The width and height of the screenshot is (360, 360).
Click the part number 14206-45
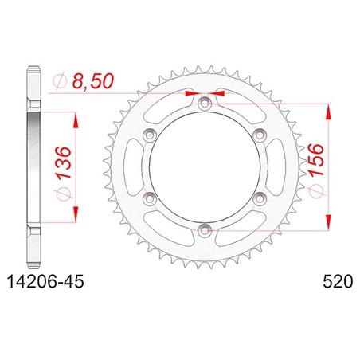[45, 282]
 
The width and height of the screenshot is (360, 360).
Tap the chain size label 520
[338, 282]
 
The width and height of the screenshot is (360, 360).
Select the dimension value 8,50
[93, 81]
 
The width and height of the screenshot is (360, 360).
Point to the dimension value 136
[64, 162]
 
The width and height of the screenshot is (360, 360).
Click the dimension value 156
[316, 159]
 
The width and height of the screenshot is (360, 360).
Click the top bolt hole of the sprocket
[205, 103]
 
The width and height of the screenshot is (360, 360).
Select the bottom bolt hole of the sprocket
[205, 230]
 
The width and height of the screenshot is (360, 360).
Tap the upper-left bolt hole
[150, 135]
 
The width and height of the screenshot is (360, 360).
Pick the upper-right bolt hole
[260, 135]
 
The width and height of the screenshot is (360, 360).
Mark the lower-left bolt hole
[150, 198]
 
